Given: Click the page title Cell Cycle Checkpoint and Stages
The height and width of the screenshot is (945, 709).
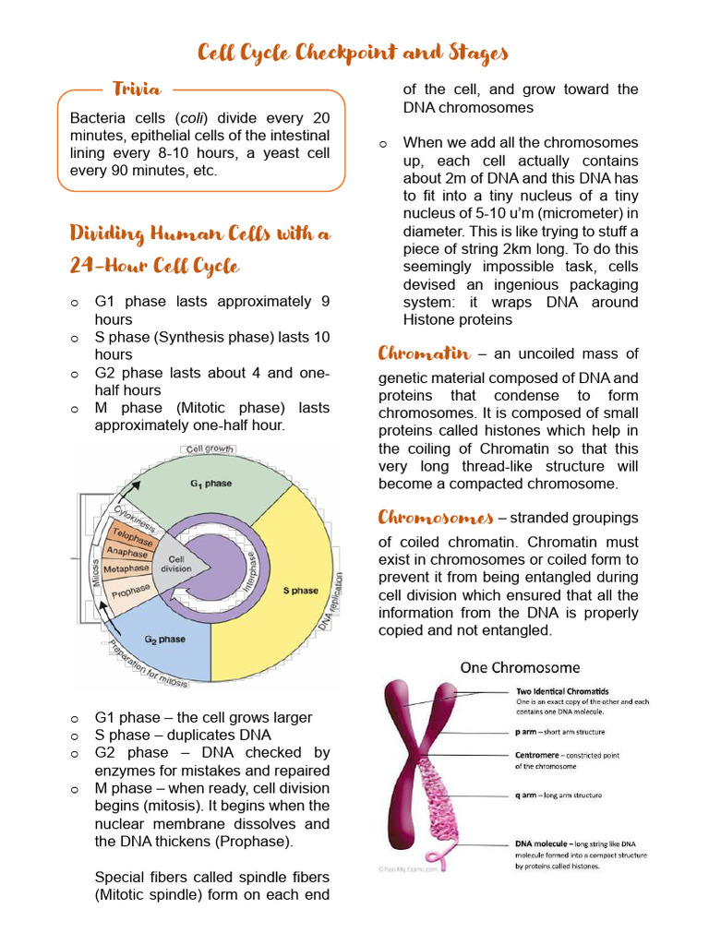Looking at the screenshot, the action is coord(354,54).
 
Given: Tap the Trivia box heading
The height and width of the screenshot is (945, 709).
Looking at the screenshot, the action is coord(138,90).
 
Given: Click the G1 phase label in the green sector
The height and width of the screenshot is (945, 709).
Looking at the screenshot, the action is coord(211,483).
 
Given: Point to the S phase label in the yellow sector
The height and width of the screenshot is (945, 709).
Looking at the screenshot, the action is coord(300,590).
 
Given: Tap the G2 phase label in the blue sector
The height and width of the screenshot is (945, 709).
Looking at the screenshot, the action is coord(165,639).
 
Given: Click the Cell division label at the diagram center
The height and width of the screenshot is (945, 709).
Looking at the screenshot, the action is coord(176,563).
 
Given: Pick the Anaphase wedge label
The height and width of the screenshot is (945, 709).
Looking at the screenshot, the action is coord(126,552).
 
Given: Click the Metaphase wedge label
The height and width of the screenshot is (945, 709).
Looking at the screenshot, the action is coord(126,569).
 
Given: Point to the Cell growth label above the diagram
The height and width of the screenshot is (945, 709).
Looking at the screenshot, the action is coord(208,449).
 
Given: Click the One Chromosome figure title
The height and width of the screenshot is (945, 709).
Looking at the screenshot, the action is coord(521,666).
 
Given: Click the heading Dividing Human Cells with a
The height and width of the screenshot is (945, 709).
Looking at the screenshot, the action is coord(199,233).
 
